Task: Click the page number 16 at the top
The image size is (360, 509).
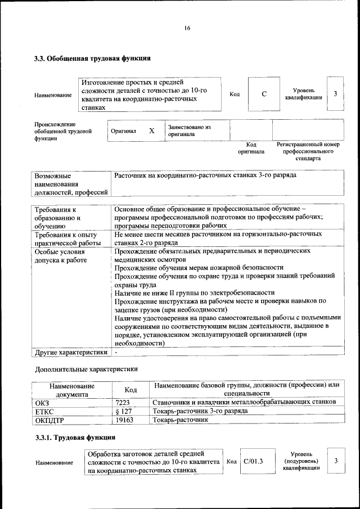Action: coord(187,29)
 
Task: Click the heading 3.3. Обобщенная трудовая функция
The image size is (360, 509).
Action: coord(92,58)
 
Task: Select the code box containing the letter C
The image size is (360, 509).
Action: coord(264,94)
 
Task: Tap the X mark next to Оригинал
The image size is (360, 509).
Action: coord(151,130)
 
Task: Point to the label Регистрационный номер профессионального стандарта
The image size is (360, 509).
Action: coord(308,151)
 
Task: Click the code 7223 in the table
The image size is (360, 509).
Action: coord(123,402)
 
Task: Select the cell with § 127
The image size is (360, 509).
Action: coord(123,411)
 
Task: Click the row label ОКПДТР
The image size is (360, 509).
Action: coord(49,420)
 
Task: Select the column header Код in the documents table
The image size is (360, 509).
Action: coord(130,389)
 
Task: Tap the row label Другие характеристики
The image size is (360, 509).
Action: coord(71,353)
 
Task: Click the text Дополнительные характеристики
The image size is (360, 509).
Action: coord(86,369)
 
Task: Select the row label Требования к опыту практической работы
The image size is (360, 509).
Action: coord(66,238)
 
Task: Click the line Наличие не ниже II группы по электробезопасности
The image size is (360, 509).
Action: coord(194,292)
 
